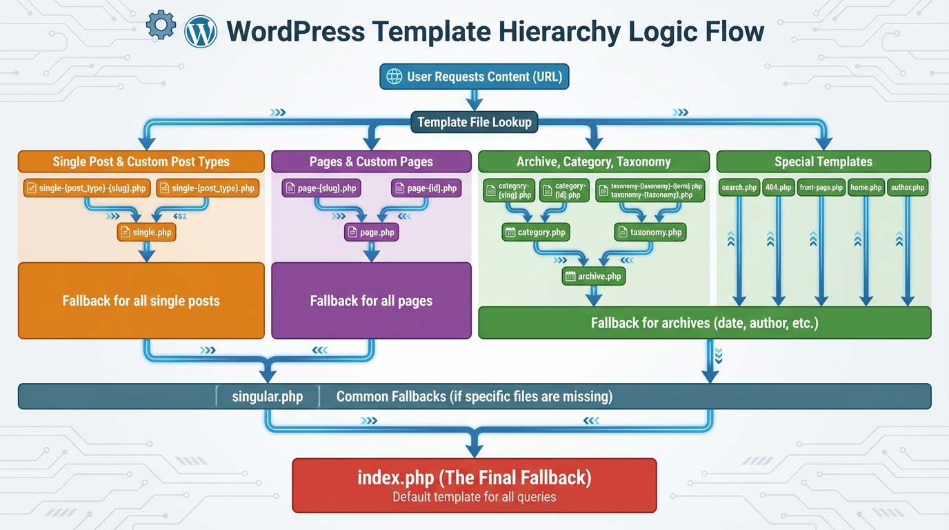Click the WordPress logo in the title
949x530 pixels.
tap(201, 31)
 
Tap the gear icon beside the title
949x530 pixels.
tap(161, 26)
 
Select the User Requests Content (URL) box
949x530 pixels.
tap(474, 77)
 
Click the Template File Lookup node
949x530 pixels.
tap(474, 123)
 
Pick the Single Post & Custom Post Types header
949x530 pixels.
tap(141, 161)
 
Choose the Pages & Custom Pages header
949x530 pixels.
tap(371, 161)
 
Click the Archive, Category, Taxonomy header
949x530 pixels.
tap(593, 161)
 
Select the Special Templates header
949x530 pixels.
tap(823, 161)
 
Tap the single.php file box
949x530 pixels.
tap(146, 233)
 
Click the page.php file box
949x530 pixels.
tap(371, 233)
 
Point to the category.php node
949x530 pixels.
tap(535, 233)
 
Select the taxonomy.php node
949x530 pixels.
tap(650, 233)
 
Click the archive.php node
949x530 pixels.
tap(593, 277)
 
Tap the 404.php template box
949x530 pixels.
tap(778, 188)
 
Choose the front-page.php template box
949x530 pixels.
tap(821, 188)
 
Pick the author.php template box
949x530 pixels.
tap(907, 188)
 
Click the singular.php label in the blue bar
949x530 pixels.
tap(268, 397)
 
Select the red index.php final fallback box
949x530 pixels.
tap(474, 485)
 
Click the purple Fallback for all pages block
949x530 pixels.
tap(371, 301)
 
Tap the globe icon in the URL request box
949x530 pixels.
tap(394, 77)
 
